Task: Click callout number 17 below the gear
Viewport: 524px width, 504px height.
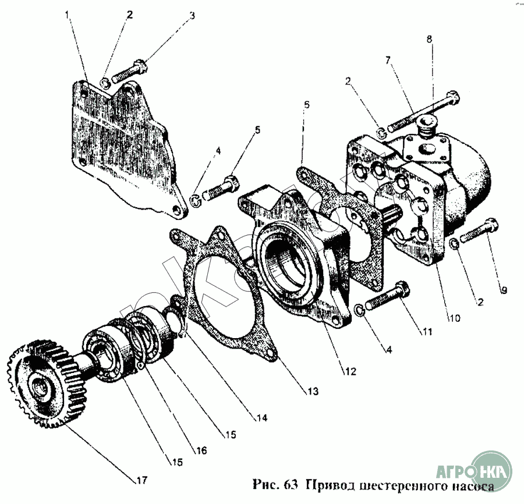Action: pyautogui.click(x=141, y=480)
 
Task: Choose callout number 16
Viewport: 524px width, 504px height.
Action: pyautogui.click(x=201, y=450)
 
